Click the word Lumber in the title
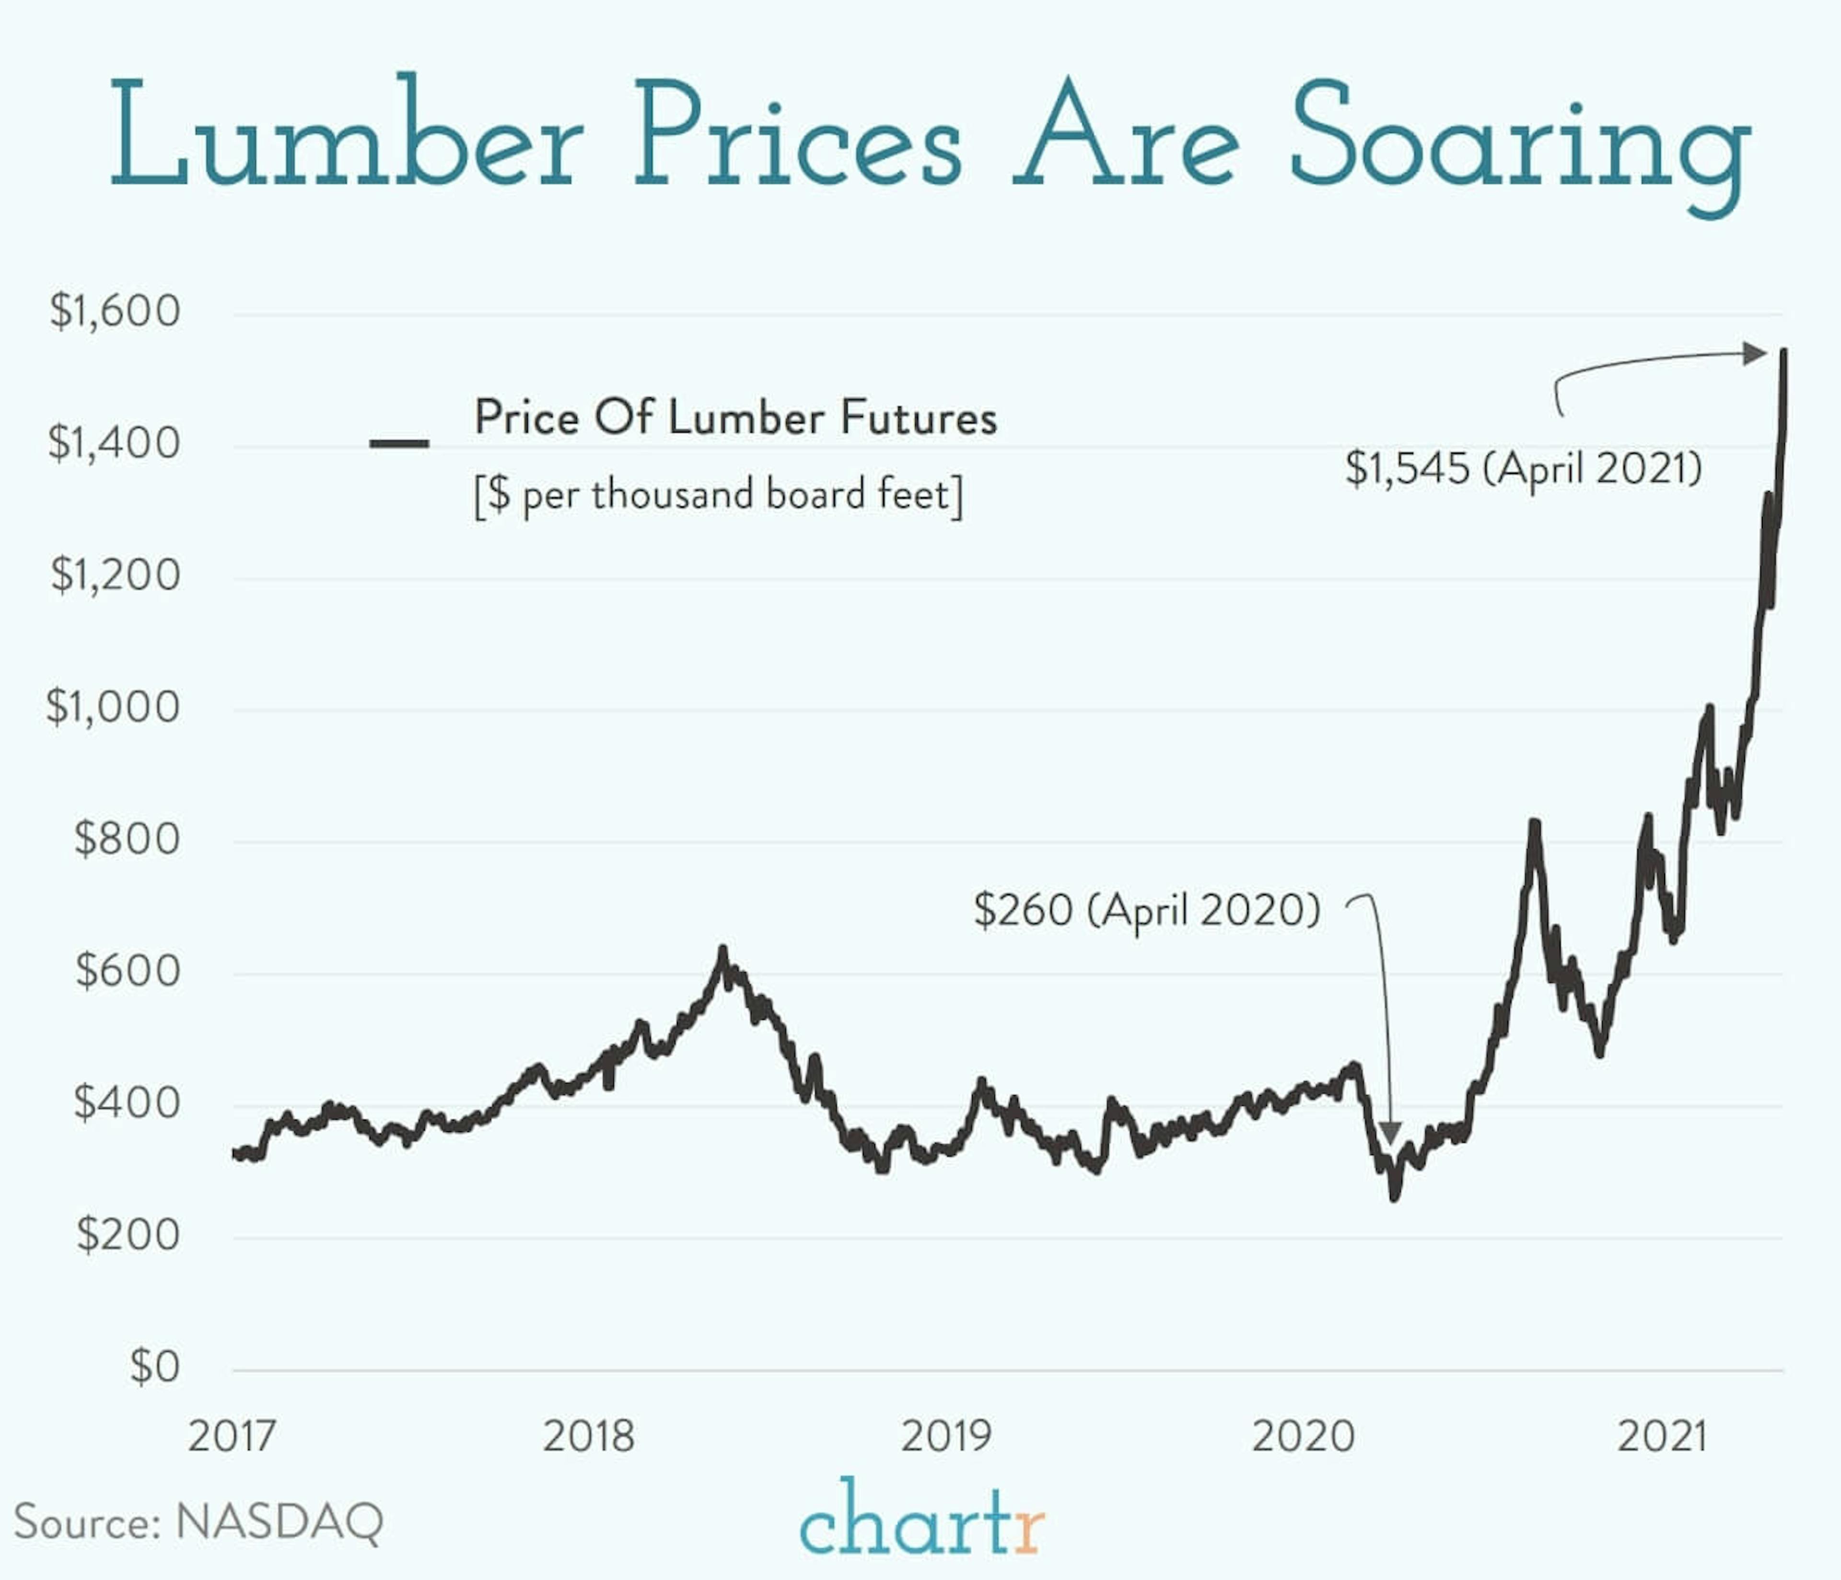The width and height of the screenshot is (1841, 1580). tap(347, 133)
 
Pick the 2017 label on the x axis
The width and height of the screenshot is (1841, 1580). tap(232, 1436)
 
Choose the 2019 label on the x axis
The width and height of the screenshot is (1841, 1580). tap(946, 1436)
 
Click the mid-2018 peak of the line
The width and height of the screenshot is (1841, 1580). tap(722, 949)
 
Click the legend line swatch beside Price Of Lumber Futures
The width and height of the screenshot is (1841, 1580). tap(399, 443)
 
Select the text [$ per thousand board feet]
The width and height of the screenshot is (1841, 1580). tap(718, 495)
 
